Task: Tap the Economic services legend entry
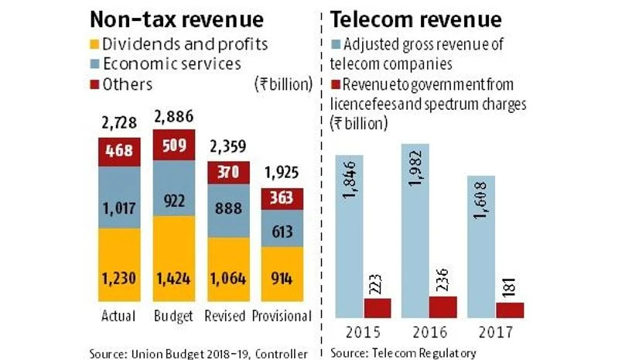(170, 65)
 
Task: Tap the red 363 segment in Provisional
(282, 199)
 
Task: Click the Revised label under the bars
(227, 316)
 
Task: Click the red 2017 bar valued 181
(511, 310)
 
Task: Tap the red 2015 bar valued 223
(378, 307)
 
